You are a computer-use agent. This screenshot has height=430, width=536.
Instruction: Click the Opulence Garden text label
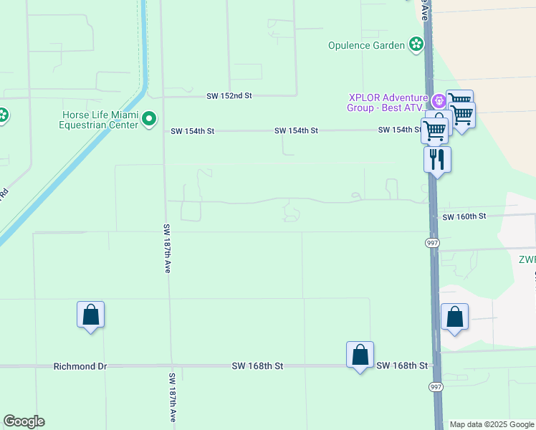[367, 45]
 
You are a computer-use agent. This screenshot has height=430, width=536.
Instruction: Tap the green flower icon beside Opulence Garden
[416, 44]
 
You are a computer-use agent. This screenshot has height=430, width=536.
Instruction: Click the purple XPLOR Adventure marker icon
[437, 98]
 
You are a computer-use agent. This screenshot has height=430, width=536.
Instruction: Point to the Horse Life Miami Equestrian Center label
[100, 119]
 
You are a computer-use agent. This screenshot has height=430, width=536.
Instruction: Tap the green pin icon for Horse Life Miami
[149, 118]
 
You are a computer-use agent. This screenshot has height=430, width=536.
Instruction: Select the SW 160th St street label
[464, 216]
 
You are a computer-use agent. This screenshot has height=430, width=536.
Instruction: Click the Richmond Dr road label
[80, 366]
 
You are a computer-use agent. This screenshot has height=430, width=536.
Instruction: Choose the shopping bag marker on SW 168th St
[360, 355]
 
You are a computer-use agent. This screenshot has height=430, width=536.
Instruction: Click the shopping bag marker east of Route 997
[455, 317]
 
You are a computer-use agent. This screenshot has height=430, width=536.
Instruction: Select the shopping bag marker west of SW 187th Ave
[91, 315]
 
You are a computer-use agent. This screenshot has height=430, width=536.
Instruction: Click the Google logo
[24, 421]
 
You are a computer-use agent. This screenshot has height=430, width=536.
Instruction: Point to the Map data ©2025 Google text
[491, 424]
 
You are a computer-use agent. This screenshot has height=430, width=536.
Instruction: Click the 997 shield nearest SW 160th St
[433, 243]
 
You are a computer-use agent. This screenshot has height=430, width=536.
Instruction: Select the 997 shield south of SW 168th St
[436, 386]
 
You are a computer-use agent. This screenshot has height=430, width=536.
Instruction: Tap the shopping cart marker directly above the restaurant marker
[435, 130]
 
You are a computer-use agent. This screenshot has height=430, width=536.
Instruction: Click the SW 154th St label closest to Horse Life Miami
[192, 131]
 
